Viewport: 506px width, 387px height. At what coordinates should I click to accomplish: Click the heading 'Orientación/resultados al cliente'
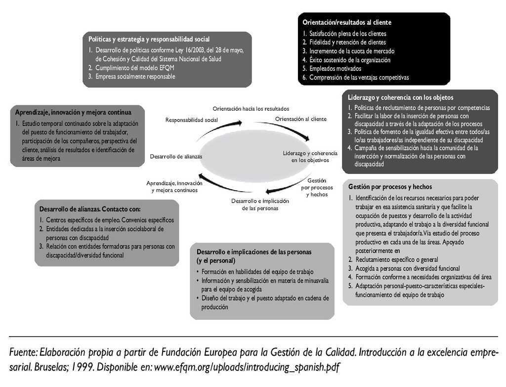click(x=347, y=22)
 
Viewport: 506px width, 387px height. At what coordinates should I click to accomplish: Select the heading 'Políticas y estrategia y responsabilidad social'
click(x=149, y=39)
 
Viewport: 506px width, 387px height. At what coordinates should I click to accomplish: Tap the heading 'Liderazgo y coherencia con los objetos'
click(x=400, y=97)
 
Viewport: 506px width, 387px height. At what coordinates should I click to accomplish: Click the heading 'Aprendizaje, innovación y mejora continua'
click(x=73, y=112)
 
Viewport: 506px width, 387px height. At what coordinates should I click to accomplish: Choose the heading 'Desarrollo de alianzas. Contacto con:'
click(x=89, y=209)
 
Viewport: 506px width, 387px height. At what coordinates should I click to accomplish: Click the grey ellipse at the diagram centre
click(x=253, y=157)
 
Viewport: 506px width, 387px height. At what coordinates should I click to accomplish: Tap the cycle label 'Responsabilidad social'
click(x=191, y=120)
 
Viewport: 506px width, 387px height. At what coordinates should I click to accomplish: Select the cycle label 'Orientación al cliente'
click(x=300, y=119)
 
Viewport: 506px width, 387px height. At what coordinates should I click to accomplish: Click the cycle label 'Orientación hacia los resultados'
click(x=251, y=108)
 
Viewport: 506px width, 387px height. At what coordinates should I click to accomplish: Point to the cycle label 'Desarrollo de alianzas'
click(x=176, y=156)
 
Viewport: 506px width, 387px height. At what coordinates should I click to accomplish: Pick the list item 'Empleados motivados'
click(x=335, y=69)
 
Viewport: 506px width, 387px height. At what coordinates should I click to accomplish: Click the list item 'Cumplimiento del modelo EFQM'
click(x=131, y=68)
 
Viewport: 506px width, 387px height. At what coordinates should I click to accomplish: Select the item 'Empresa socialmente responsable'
click(x=135, y=77)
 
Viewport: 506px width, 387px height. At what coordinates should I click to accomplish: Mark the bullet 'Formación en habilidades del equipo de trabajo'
click(x=257, y=272)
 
